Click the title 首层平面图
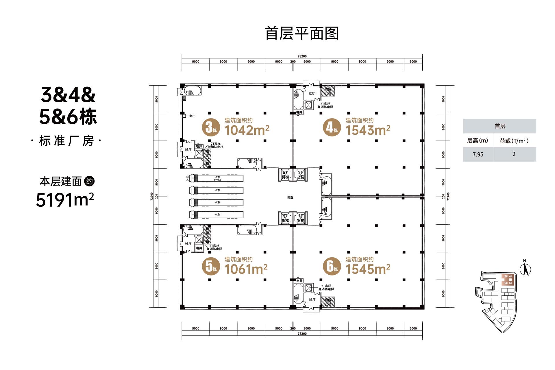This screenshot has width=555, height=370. click(301, 34)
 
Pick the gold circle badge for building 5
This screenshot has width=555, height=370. click(211, 266)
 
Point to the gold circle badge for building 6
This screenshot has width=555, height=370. click(332, 266)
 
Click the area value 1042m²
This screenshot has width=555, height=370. click(247, 130)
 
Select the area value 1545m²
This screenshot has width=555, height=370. click(368, 269)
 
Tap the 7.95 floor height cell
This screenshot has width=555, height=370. click(478, 154)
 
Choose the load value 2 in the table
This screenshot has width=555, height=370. click(514, 154)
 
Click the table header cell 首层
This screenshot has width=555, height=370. click(499, 126)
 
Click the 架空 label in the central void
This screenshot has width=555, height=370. click(290, 198)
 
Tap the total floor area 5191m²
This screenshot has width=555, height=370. click(65, 199)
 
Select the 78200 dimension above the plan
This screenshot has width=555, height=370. click(302, 56)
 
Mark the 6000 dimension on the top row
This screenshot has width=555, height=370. click(413, 62)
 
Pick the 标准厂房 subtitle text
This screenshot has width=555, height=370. click(66, 141)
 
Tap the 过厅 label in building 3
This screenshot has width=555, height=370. click(188, 150)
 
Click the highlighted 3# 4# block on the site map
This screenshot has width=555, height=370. click(508, 277)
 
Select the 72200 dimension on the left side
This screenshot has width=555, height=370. click(151, 197)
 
